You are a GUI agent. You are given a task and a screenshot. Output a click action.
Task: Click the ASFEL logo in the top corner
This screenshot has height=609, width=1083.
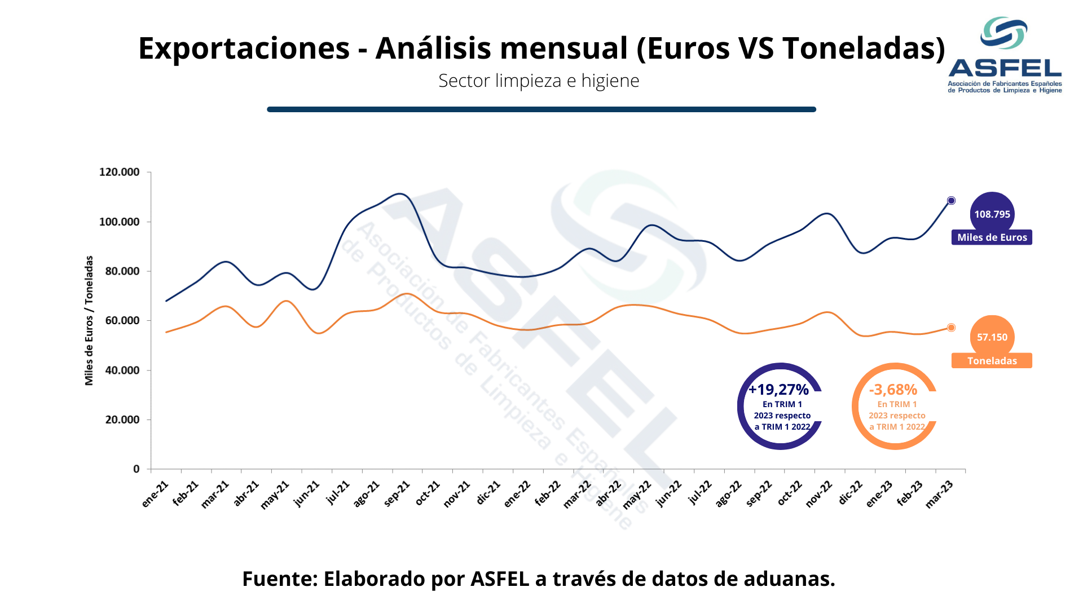pyautogui.click(x=1005, y=55)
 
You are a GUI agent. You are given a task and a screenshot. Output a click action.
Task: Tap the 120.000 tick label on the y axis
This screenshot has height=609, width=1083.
pyautogui.click(x=119, y=172)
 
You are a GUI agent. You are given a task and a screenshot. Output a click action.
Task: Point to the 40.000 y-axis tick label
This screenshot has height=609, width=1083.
pyautogui.click(x=122, y=370)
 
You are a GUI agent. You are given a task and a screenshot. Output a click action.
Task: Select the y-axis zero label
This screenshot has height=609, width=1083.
pyautogui.click(x=136, y=469)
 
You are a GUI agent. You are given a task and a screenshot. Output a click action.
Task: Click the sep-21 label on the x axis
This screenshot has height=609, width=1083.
pyautogui.click(x=397, y=493)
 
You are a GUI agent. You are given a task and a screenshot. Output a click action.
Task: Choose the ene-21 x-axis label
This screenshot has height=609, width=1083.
pyautogui.click(x=155, y=493)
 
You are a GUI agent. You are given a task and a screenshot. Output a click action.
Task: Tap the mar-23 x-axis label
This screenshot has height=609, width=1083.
pyautogui.click(x=940, y=494)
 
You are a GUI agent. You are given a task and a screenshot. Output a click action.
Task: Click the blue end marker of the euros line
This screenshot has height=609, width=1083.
pyautogui.click(x=951, y=201)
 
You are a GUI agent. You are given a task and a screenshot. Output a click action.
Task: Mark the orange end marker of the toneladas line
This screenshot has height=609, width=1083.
pyautogui.click(x=951, y=328)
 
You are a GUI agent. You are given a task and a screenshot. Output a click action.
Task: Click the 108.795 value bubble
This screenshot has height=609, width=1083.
pyautogui.click(x=992, y=214)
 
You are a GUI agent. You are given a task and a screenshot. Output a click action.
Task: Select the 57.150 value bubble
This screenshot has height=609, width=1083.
pyautogui.click(x=992, y=337)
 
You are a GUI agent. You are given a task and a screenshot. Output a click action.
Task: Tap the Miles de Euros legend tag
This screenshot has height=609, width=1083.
pyautogui.click(x=992, y=237)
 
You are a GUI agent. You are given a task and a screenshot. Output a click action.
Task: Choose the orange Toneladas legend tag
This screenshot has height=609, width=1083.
pyautogui.click(x=992, y=361)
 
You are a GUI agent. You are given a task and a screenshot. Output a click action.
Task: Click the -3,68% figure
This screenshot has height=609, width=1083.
pyautogui.click(x=893, y=390)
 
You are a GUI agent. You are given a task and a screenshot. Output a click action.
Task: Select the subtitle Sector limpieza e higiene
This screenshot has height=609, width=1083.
pyautogui.click(x=539, y=81)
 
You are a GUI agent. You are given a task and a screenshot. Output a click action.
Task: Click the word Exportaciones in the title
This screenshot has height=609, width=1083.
pyautogui.click(x=244, y=48)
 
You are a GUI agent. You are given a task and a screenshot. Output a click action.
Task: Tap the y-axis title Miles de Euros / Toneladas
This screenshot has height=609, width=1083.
pyautogui.click(x=89, y=320)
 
